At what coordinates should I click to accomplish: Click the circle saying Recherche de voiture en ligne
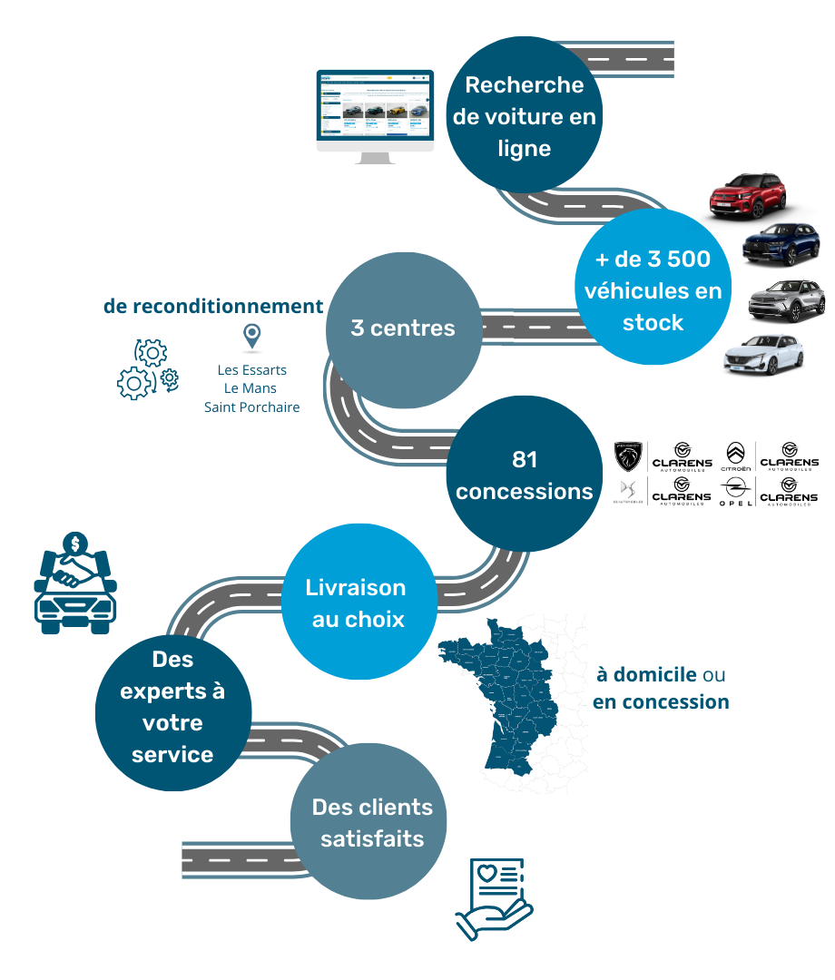(x=525, y=116)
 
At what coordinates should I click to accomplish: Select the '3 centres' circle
(x=403, y=328)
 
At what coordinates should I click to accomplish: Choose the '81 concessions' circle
(x=525, y=475)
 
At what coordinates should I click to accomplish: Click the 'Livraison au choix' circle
(x=356, y=603)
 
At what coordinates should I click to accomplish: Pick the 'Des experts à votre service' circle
(x=172, y=707)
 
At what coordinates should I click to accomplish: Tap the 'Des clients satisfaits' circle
(x=371, y=822)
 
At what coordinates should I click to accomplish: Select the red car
(x=748, y=195)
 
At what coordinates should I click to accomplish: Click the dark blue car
(x=781, y=241)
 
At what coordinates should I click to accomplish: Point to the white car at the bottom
(x=763, y=355)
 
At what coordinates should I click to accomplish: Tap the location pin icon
(x=251, y=338)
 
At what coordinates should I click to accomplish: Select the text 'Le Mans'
(x=251, y=388)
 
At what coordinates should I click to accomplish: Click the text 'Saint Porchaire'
(x=251, y=407)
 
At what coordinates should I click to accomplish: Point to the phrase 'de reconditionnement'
(x=213, y=307)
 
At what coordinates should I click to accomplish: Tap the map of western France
(x=508, y=704)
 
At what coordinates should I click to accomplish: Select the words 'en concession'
(x=661, y=702)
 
